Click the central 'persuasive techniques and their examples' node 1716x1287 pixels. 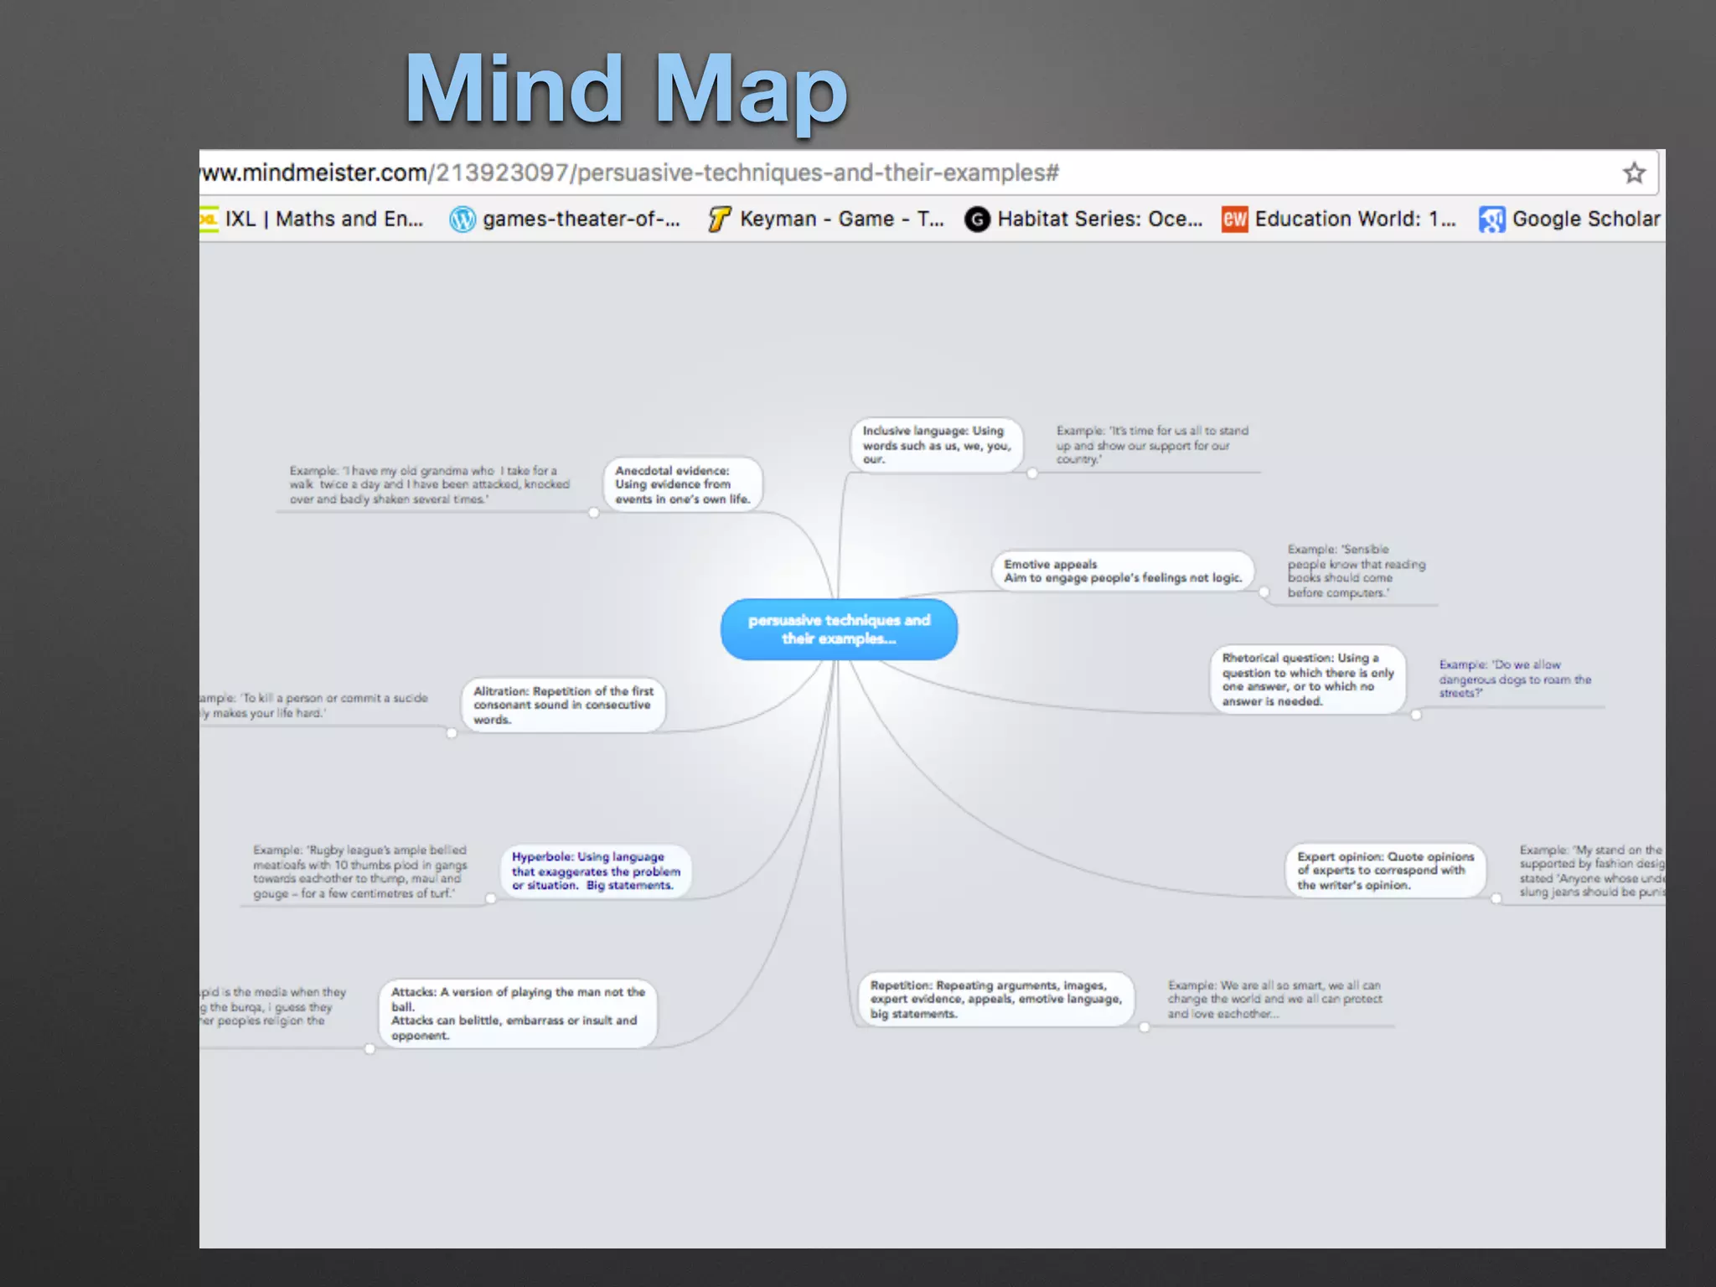839,629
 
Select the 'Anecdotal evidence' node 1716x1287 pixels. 682,484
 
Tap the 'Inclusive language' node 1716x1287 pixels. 936,444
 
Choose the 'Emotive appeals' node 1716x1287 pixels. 1122,571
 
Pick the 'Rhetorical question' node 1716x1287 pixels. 1307,680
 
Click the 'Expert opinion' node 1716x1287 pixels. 1385,871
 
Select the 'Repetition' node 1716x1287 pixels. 995,999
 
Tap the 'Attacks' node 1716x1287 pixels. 517,1013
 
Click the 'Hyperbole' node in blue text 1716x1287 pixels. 596,871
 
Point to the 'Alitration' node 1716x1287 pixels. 563,705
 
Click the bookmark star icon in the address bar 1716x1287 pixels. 1634,173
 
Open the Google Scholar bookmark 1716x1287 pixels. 1570,220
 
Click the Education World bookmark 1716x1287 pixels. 1339,220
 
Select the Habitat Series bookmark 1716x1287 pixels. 1084,220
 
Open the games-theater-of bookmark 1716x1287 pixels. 566,220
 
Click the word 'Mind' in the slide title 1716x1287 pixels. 514,90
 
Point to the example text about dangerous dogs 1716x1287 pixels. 1514,679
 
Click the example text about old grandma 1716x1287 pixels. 429,484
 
